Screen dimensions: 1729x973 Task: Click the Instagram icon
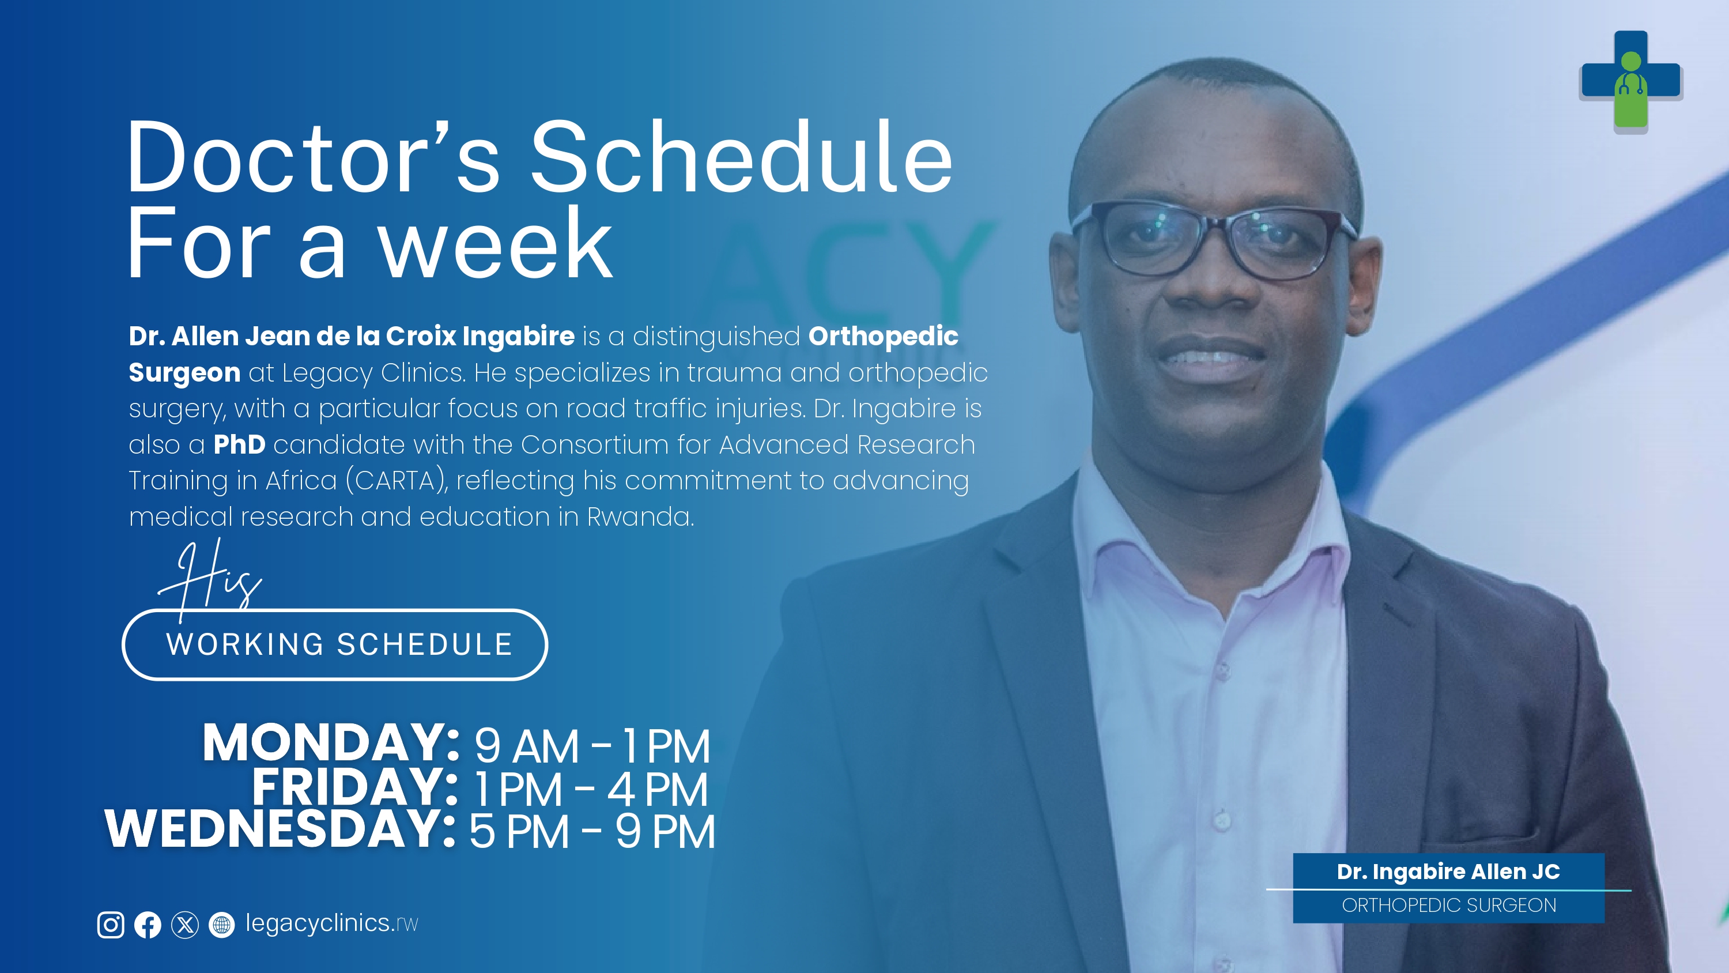pyautogui.click(x=111, y=925)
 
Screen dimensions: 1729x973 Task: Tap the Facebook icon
pyautogui.click(x=148, y=925)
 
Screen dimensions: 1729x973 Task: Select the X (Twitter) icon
pyautogui.click(x=185, y=925)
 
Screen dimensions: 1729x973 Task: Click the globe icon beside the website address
pyautogui.click(x=221, y=925)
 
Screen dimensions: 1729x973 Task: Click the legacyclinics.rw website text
pyautogui.click(x=331, y=923)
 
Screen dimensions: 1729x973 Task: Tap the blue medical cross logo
pyautogui.click(x=1631, y=81)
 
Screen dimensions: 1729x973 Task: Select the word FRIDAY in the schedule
pyautogui.click(x=355, y=786)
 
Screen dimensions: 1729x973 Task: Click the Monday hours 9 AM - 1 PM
pyautogui.click(x=592, y=746)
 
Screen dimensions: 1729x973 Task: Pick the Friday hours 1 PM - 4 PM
pyautogui.click(x=591, y=790)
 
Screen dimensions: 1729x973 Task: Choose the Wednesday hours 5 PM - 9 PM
pyautogui.click(x=592, y=831)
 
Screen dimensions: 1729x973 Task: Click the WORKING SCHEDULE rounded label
pyautogui.click(x=335, y=644)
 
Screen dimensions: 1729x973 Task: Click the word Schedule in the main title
pyautogui.click(x=742, y=159)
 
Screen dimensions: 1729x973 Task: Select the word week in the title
pyautogui.click(x=496, y=244)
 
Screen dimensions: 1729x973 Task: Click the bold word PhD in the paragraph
pyautogui.click(x=240, y=444)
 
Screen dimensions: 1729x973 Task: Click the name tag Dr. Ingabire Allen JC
pyautogui.click(x=1448, y=871)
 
